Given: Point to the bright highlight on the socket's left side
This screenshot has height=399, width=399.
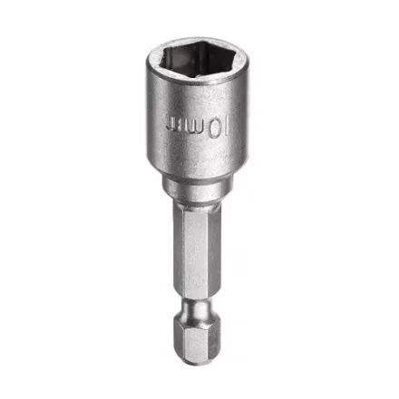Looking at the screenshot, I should [x=156, y=127].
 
